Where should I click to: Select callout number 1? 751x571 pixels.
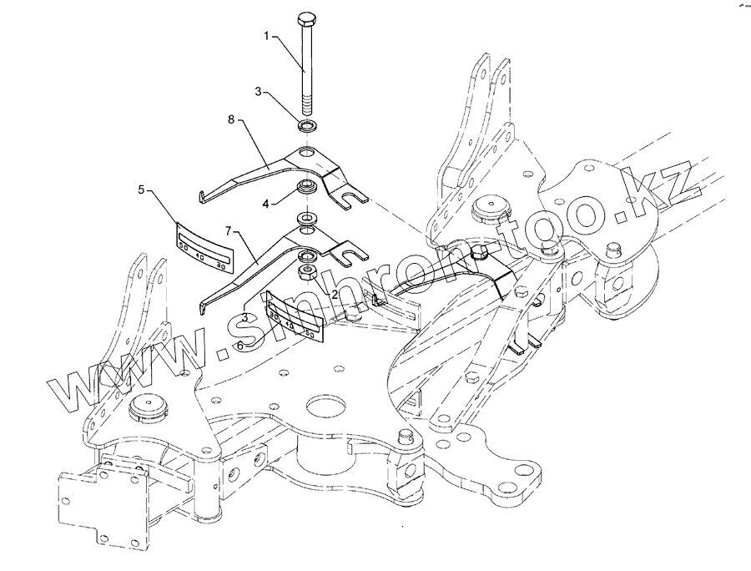(x=267, y=37)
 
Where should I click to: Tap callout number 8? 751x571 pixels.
(x=231, y=121)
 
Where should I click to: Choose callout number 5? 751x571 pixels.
(x=141, y=189)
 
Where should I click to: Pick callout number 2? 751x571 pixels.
(x=334, y=294)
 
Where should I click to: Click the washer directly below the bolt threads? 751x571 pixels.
(x=305, y=126)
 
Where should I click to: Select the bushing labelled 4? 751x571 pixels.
(x=306, y=186)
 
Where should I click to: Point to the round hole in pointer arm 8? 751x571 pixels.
(x=309, y=154)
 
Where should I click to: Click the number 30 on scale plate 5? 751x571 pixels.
(x=219, y=265)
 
